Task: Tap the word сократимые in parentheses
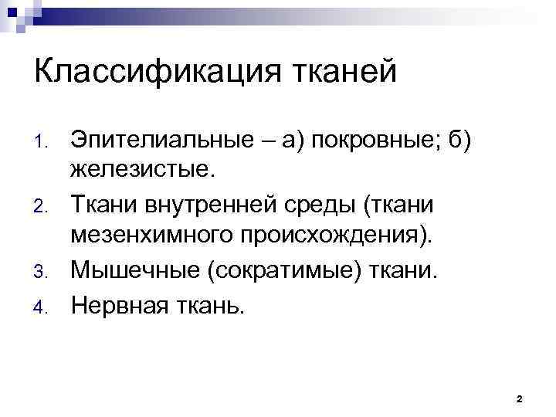pos(270,271)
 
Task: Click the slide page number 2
pos(519,399)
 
